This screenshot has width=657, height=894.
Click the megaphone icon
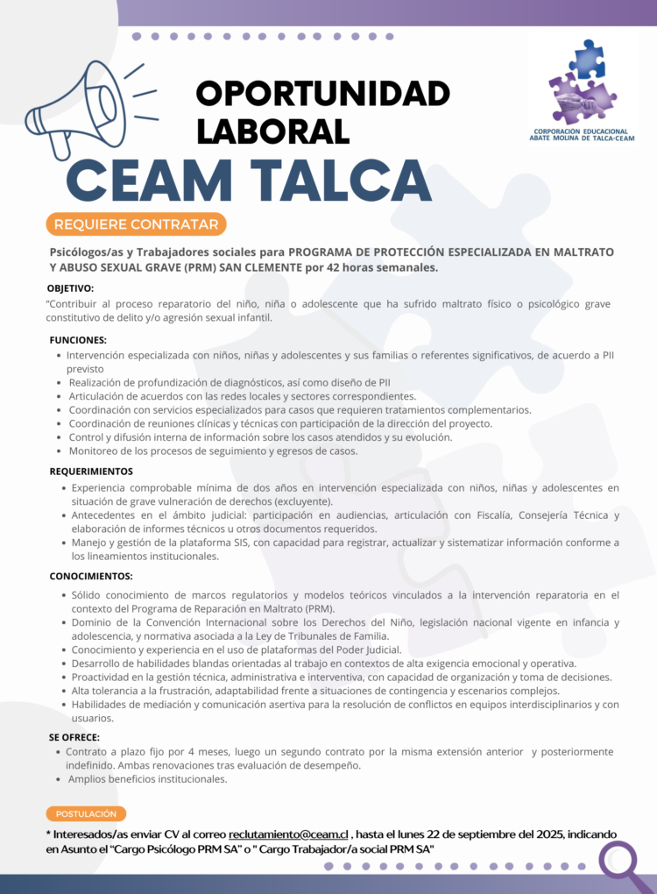83,110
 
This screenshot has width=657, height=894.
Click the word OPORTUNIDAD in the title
322,94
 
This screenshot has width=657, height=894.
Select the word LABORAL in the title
272,130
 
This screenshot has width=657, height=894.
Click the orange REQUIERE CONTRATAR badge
137,224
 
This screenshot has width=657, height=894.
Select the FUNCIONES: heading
78,339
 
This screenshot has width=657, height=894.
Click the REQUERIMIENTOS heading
91,472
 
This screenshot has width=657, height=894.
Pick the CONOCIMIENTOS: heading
91,576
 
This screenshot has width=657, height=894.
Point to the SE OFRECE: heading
74,737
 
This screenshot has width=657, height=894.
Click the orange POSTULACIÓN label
86,813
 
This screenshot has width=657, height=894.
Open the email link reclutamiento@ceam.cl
288,834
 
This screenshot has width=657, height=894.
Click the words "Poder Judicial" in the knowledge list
368,649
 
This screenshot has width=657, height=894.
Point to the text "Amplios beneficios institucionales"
148,778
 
